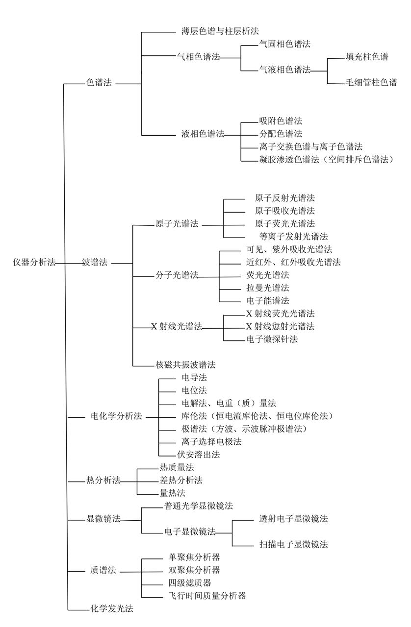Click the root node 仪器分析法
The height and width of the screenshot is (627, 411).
pyautogui.click(x=34, y=262)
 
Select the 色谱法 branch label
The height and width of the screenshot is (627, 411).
pyautogui.click(x=99, y=82)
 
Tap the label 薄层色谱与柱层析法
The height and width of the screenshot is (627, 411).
pyautogui.click(x=220, y=31)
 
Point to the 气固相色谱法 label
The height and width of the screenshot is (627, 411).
pyautogui.click(x=285, y=44)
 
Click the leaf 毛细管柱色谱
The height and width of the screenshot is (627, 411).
pyautogui.click(x=371, y=82)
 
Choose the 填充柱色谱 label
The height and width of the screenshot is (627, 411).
pyautogui.click(x=367, y=57)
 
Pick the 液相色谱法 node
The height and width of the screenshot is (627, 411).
pyautogui.click(x=203, y=134)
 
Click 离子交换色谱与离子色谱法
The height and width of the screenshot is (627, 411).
pyautogui.click(x=310, y=146)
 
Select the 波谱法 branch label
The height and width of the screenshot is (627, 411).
pyautogui.click(x=95, y=262)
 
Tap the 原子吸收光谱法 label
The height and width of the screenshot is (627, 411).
pyautogui.click(x=285, y=211)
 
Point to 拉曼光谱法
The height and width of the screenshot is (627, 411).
pyautogui.click(x=268, y=288)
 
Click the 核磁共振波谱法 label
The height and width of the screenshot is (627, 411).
pyautogui.click(x=185, y=365)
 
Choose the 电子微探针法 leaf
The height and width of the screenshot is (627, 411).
pyautogui.click(x=272, y=339)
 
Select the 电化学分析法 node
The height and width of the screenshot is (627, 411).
pyautogui.click(x=116, y=416)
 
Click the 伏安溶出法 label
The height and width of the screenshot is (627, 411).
pyautogui.click(x=199, y=455)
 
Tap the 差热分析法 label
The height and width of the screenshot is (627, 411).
pyautogui.click(x=181, y=481)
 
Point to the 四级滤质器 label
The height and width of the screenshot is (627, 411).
pyautogui.click(x=190, y=583)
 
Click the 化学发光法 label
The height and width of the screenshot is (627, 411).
pyautogui.click(x=112, y=608)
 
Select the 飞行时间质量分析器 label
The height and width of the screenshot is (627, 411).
pyautogui.click(x=207, y=596)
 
